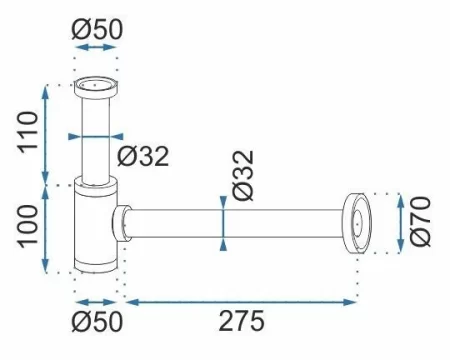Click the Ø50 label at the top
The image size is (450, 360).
(97, 29)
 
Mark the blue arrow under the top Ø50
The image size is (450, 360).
(97, 48)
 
